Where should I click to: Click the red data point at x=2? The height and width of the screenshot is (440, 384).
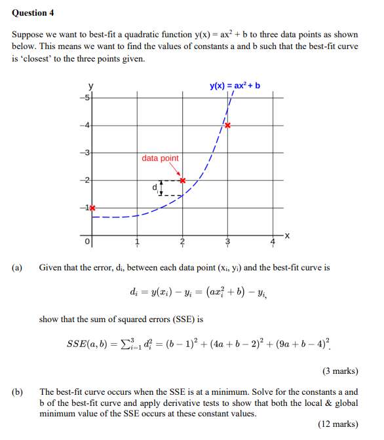pyautogui.click(x=183, y=179)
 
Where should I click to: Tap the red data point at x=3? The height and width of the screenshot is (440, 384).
pyautogui.click(x=228, y=124)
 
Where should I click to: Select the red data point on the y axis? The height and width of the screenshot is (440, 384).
pyautogui.click(x=92, y=208)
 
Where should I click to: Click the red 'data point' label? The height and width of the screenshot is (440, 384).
pyautogui.click(x=160, y=158)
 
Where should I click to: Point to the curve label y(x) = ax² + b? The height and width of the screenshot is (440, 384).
pyautogui.click(x=235, y=86)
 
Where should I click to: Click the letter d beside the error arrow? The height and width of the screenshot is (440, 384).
pyautogui.click(x=155, y=187)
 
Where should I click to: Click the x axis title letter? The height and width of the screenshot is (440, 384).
pyautogui.click(x=287, y=235)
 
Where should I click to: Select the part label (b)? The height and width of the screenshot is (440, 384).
pyautogui.click(x=17, y=391)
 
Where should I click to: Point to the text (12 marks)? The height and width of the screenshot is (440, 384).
pyautogui.click(x=338, y=424)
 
